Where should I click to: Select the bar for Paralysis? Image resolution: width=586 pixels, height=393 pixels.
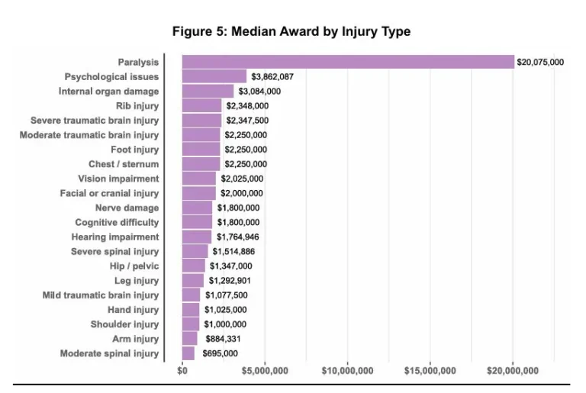(348, 62)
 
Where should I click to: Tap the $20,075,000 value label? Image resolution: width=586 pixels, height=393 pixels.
(540, 62)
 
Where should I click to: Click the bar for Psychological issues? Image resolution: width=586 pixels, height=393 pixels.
(214, 76)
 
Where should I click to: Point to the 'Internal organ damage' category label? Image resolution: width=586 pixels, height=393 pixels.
(109, 92)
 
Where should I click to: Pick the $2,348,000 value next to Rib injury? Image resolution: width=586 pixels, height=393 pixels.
(247, 106)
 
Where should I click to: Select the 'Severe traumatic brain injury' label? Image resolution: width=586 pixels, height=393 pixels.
(95, 121)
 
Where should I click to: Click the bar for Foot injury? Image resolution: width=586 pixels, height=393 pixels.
(201, 150)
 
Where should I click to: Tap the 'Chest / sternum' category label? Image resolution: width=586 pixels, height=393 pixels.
(124, 164)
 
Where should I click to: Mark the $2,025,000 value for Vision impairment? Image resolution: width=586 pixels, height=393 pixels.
(242, 179)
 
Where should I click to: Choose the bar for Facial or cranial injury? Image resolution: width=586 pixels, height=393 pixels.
(199, 193)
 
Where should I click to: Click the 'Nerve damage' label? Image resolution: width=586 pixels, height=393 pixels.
(127, 208)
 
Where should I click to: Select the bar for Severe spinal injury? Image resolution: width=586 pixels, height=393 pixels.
(195, 252)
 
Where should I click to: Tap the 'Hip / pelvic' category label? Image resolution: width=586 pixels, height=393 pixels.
(134, 266)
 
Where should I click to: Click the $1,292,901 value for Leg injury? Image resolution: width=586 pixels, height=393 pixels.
(230, 281)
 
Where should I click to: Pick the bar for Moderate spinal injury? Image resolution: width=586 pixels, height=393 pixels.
(188, 353)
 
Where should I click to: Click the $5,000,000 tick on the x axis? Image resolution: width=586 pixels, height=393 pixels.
(265, 371)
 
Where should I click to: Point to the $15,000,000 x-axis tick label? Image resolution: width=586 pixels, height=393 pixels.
(430, 371)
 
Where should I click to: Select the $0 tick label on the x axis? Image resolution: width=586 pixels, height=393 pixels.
(182, 371)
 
